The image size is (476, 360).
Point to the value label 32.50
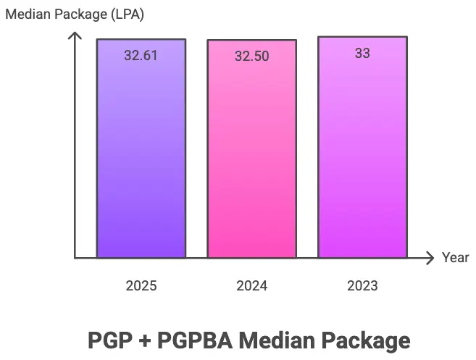[251, 56]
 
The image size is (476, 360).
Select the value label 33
[362, 53]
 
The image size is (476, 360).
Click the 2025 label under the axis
[141, 286]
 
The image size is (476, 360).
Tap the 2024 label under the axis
[251, 286]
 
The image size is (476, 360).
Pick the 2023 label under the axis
[362, 286]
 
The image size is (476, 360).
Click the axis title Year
[456, 258]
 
